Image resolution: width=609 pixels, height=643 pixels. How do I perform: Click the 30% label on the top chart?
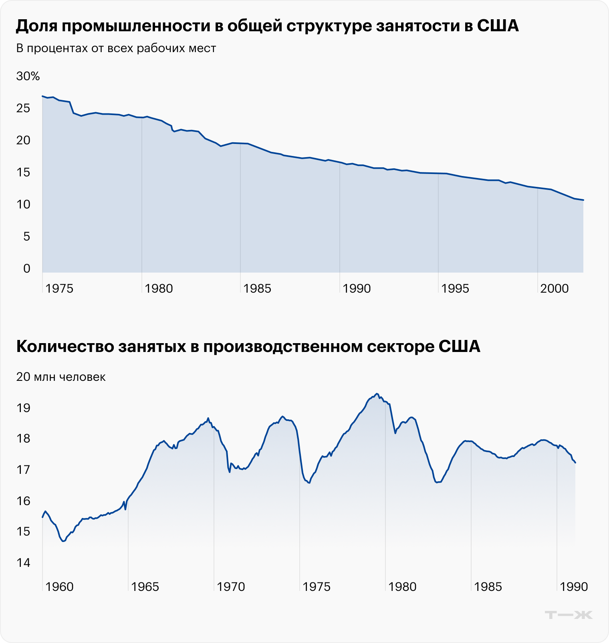28,76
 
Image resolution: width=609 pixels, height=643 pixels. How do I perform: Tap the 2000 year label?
554,289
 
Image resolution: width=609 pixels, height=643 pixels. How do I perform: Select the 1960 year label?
59,587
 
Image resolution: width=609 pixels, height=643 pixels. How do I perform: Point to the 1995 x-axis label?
455,289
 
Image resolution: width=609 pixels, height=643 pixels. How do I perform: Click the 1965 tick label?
145,587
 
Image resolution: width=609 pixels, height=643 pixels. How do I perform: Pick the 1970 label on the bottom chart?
231,587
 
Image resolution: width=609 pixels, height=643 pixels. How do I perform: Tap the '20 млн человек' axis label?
61,377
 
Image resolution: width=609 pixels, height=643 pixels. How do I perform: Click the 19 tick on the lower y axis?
23,408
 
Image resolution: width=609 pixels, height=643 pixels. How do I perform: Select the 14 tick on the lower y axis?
23,563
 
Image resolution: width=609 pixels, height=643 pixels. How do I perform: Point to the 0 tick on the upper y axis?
27,269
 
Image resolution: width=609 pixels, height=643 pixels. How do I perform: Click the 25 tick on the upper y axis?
23,108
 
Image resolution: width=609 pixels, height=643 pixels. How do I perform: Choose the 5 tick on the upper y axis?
27,237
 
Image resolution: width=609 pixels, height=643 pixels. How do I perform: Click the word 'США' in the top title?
498,26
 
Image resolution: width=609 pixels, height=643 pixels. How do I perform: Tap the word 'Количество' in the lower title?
64,347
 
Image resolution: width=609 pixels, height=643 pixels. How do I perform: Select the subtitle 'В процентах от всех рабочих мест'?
116,49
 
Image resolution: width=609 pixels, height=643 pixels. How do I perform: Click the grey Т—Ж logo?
569,615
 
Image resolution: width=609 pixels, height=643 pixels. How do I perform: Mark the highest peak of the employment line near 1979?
377,394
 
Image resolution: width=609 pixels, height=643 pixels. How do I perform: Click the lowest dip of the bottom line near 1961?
63,542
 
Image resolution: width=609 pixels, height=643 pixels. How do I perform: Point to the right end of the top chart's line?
583,200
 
